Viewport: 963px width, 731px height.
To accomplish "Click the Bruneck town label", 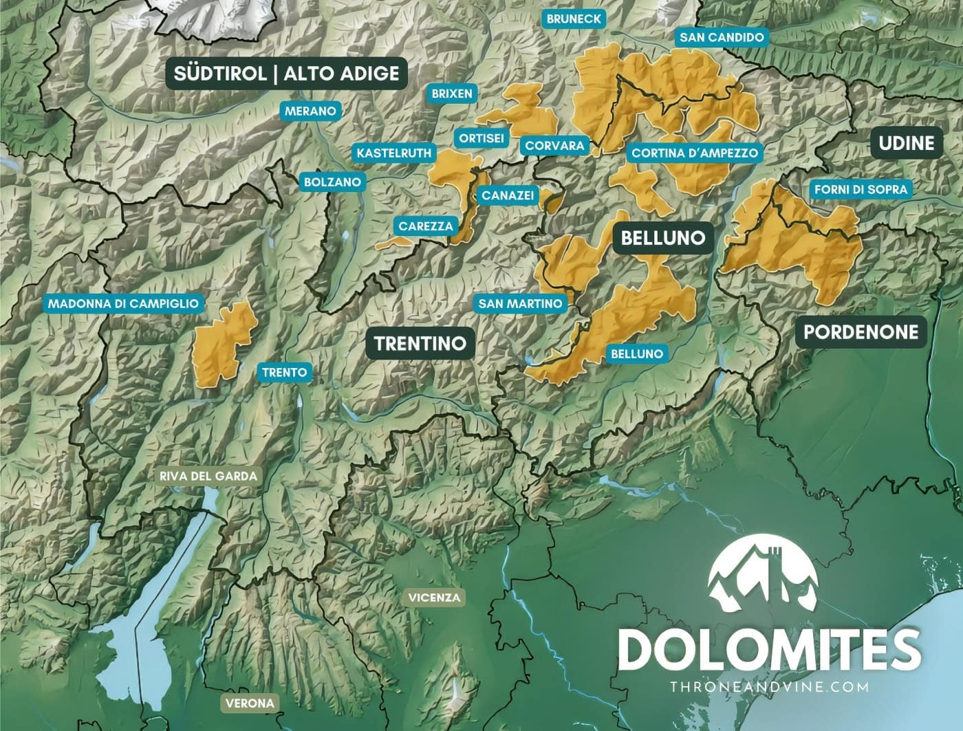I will coord(574,19).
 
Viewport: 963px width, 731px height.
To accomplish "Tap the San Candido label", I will coord(722,37).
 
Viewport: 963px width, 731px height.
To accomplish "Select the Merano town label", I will coord(310,111).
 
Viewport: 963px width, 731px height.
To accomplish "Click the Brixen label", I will coord(452,94).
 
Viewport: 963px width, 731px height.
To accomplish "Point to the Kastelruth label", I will coord(394,153).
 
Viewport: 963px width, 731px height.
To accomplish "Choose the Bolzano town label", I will coord(332,182).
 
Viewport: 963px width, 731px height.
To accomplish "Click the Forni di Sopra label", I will coord(861,189).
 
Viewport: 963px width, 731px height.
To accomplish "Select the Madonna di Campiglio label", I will coord(123,303).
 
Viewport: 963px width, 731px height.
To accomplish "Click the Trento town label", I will coord(284,373).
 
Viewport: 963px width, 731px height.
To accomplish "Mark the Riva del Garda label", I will coord(208,476).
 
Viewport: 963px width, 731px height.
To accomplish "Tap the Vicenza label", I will coord(433,597).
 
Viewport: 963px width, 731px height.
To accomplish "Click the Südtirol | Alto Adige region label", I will coord(286,74).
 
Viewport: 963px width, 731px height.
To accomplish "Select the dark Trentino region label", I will coord(420,343).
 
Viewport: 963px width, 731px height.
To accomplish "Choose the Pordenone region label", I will coord(861,332).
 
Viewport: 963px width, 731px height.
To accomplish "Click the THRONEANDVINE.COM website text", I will coord(769,686).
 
